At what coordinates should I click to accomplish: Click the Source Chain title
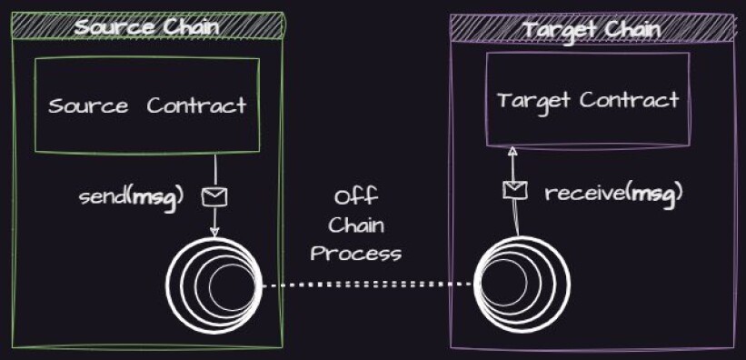(x=147, y=27)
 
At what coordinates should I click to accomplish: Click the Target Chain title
(x=592, y=30)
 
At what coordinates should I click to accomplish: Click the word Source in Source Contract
(x=88, y=105)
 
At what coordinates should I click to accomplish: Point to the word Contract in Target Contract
(x=630, y=100)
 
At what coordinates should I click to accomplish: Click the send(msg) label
(x=131, y=196)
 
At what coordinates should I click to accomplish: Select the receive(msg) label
(x=613, y=194)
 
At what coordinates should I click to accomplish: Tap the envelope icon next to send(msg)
(x=214, y=196)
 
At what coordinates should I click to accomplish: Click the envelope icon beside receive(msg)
(x=515, y=191)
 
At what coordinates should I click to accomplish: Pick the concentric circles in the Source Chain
(x=214, y=285)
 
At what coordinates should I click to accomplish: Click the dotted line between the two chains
(x=368, y=285)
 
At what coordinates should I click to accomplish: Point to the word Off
(x=356, y=196)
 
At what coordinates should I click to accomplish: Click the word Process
(x=356, y=254)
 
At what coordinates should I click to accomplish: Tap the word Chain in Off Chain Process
(x=356, y=225)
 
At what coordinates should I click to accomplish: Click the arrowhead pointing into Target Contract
(x=512, y=152)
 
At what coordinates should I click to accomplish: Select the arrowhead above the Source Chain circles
(x=214, y=232)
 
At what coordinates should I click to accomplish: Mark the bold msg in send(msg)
(x=154, y=197)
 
